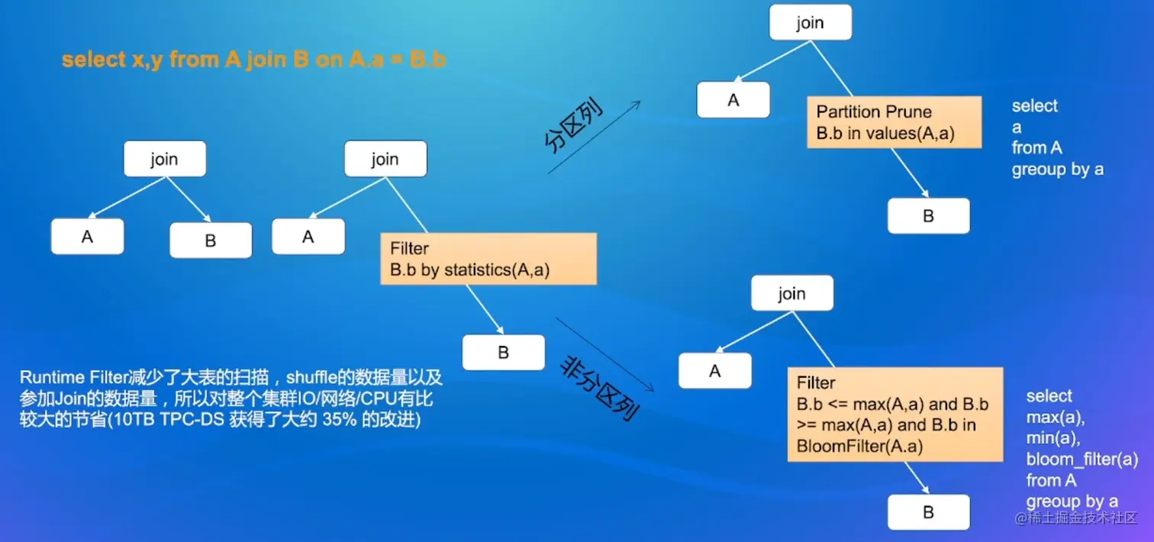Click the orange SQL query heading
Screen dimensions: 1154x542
(x=253, y=60)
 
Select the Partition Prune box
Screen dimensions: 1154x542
(x=894, y=122)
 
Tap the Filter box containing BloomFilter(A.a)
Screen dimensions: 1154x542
(x=895, y=414)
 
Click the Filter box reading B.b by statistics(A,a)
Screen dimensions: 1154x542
(x=488, y=260)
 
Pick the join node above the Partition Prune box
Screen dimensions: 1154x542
(x=810, y=22)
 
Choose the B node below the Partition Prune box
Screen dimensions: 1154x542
(x=928, y=216)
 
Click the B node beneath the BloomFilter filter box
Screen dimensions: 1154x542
(x=928, y=512)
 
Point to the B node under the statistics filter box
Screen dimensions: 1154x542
(x=503, y=353)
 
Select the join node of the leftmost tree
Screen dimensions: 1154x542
(x=164, y=160)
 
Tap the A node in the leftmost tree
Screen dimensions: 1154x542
(x=87, y=237)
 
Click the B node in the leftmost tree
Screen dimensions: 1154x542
(x=211, y=240)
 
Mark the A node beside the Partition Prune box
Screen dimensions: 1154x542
(x=733, y=100)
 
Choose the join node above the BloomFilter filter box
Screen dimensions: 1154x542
(x=791, y=293)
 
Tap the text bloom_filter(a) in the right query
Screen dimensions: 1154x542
(x=1081, y=460)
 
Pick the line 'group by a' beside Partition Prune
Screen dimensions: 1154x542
(x=1057, y=169)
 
